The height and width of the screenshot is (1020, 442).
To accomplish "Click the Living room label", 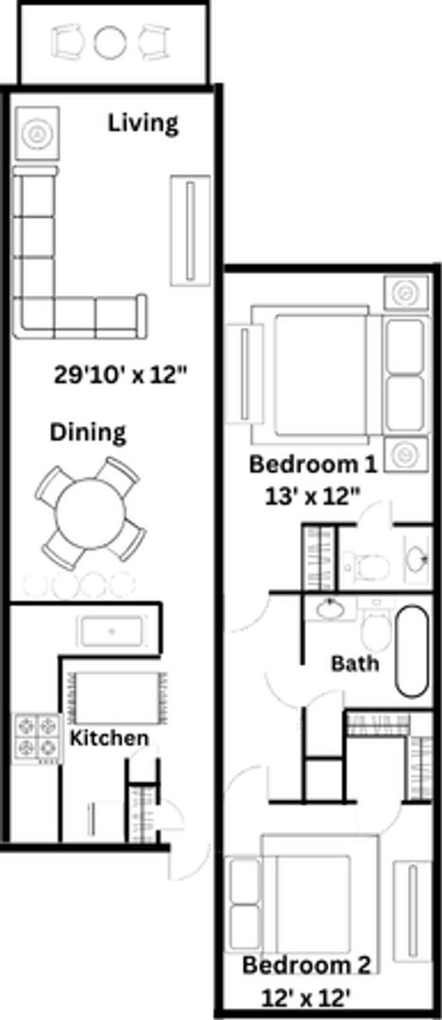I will (143, 123).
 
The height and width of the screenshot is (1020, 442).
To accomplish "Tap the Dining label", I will (88, 433).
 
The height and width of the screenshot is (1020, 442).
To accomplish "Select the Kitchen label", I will (110, 738).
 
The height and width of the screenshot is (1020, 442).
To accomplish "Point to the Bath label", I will (355, 662).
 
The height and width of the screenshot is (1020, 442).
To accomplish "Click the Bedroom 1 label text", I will (313, 465).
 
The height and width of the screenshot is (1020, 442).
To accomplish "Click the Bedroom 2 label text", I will (307, 965).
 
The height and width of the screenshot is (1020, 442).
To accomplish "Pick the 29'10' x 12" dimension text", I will (121, 374).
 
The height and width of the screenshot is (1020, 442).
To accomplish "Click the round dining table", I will (90, 514).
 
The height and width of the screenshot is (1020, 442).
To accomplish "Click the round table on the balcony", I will (110, 42).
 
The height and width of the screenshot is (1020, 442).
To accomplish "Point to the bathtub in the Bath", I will (412, 652).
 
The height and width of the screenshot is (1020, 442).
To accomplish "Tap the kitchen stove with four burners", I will (36, 738).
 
